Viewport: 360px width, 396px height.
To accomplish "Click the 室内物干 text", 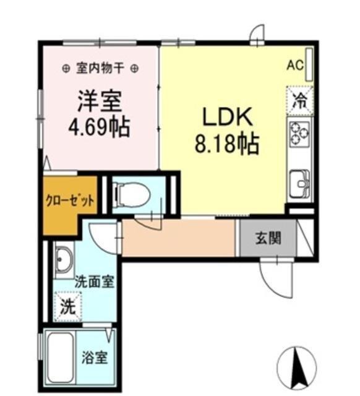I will [99, 68].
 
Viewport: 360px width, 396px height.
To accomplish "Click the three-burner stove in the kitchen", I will [300, 133].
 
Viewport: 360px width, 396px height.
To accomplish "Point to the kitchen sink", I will [300, 183].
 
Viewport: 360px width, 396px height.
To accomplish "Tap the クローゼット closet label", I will [70, 200].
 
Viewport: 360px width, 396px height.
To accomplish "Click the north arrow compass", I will [298, 364].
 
